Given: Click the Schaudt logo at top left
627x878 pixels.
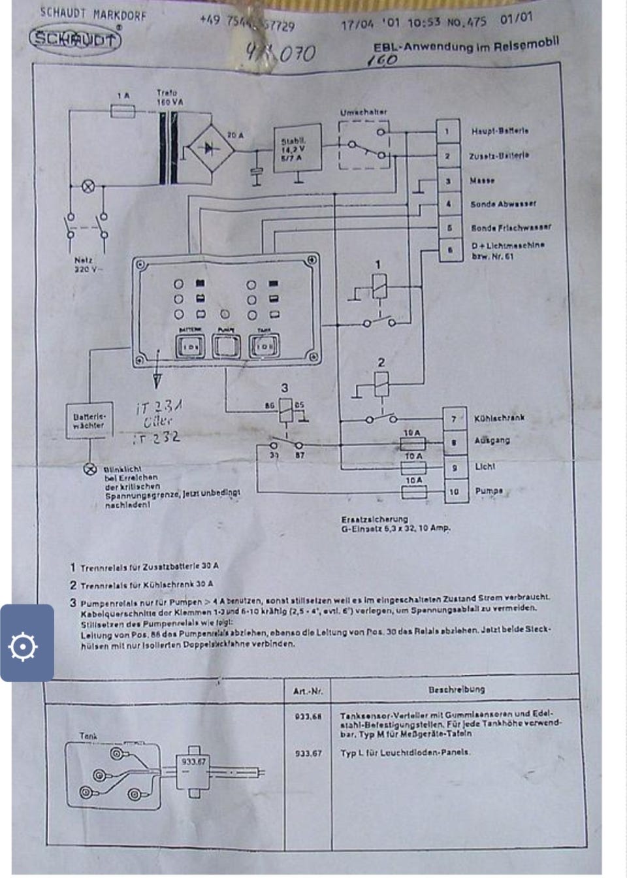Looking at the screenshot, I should [75, 39].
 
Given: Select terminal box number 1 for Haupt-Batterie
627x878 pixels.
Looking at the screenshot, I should [447, 131].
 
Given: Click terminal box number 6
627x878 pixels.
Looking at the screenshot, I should [449, 249].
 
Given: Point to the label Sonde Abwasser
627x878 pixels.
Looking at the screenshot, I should [503, 204].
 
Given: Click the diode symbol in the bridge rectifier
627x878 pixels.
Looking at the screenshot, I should [210, 149].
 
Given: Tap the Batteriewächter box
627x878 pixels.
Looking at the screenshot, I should [88, 421].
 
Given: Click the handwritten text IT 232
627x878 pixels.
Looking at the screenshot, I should [157, 438].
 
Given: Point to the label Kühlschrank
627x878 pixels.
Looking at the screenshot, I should [499, 417].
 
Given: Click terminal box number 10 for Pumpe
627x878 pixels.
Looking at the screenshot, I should [454, 491].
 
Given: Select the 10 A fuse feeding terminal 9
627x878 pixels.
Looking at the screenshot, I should [413, 468].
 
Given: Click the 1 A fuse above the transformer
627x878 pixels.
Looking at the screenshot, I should [123, 111].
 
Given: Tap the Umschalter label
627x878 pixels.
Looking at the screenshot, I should [363, 112].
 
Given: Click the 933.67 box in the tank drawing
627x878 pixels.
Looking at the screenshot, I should [194, 762].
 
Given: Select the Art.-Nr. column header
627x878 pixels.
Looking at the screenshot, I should [307, 691].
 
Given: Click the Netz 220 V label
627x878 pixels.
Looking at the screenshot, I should [85, 265].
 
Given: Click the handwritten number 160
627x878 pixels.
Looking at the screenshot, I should [382, 60].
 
